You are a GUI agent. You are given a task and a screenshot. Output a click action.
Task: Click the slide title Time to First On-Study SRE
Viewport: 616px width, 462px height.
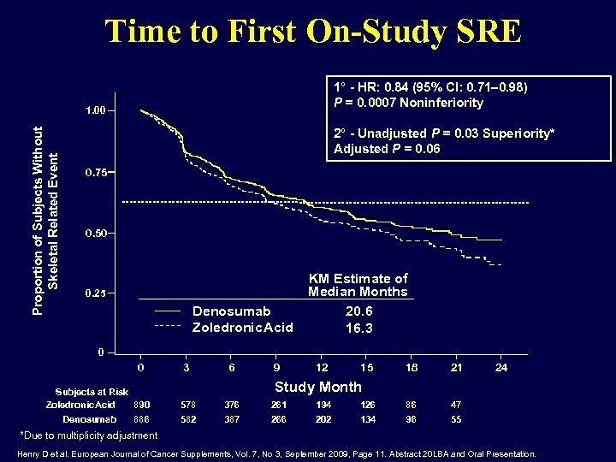pyautogui.click(x=312, y=32)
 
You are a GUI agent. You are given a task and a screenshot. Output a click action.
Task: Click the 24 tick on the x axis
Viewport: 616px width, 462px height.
pyautogui.click(x=502, y=367)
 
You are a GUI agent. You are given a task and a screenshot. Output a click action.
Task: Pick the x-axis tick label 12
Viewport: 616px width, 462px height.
pyautogui.click(x=323, y=367)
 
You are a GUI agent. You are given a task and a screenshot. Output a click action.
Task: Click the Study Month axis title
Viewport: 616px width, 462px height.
pyautogui.click(x=317, y=387)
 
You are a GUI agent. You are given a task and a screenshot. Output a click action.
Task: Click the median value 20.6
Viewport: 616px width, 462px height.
pyautogui.click(x=358, y=312)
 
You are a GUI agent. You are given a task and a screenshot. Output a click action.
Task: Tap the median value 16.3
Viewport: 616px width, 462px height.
pyautogui.click(x=358, y=329)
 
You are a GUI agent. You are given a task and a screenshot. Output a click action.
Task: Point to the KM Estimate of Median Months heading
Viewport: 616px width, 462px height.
pyautogui.click(x=358, y=285)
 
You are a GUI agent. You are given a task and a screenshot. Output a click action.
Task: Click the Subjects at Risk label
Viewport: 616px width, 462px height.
pyautogui.click(x=92, y=392)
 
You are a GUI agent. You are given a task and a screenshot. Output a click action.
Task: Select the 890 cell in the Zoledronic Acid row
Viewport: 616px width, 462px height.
pyautogui.click(x=142, y=404)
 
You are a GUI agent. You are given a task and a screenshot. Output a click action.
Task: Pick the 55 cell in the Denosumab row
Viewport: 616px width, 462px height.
pyautogui.click(x=457, y=419)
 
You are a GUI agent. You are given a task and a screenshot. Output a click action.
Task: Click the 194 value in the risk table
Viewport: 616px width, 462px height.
pyautogui.click(x=323, y=404)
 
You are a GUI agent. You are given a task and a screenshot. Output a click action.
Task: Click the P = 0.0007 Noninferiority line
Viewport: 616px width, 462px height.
pyautogui.click(x=408, y=103)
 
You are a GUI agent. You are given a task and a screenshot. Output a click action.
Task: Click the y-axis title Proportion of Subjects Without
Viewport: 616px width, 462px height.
pyautogui.click(x=38, y=218)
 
